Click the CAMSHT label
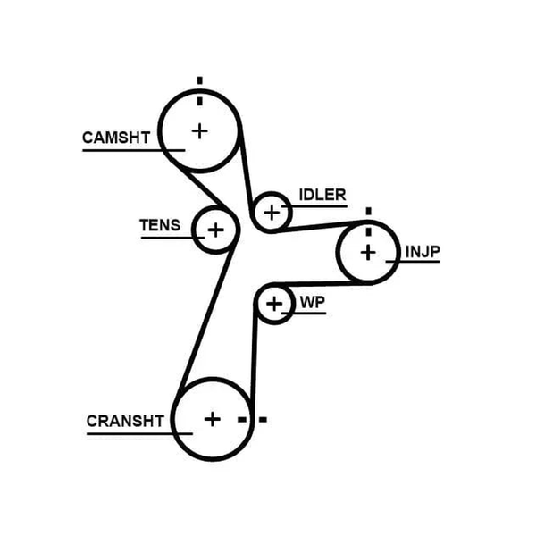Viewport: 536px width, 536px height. pyautogui.click(x=116, y=138)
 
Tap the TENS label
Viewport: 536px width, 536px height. pyautogui.click(x=160, y=225)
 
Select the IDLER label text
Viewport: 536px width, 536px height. pyautogui.click(x=322, y=195)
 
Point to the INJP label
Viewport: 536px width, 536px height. pyautogui.click(x=423, y=252)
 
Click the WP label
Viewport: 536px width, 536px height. pyautogui.click(x=313, y=303)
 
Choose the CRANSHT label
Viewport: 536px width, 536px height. pyautogui.click(x=125, y=421)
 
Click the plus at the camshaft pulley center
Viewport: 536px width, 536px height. pyautogui.click(x=200, y=131)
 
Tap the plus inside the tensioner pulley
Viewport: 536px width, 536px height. pyautogui.click(x=215, y=230)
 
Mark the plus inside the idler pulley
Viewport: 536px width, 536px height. pyautogui.click(x=272, y=213)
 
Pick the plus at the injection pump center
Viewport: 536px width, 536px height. pyautogui.click(x=368, y=253)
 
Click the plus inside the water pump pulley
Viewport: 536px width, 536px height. pyautogui.click(x=274, y=304)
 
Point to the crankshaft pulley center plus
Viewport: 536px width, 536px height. pyautogui.click(x=213, y=419)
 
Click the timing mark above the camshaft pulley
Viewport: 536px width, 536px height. pyautogui.click(x=199, y=91)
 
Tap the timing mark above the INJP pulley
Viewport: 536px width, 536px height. pyautogui.click(x=368, y=222)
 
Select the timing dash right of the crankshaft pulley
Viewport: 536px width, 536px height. pyautogui.click(x=252, y=420)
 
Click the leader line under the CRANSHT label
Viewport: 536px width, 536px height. pyautogui.click(x=139, y=434)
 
